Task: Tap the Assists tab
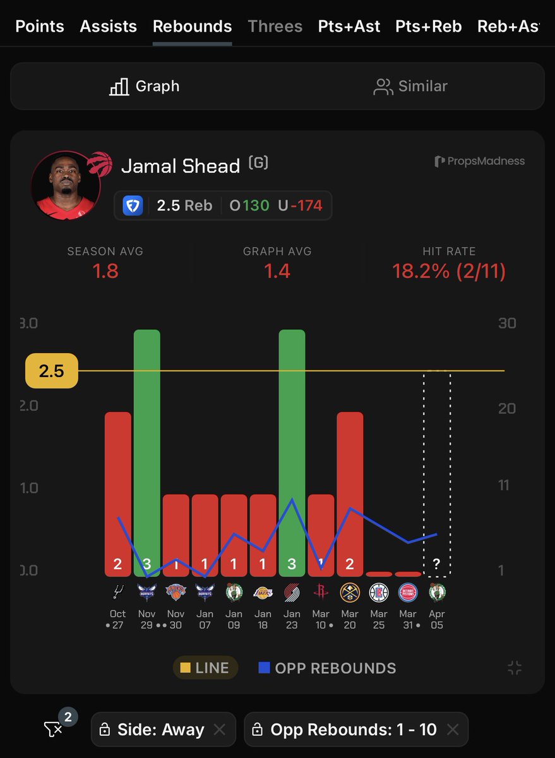tap(108, 27)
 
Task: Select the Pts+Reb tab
tap(428, 27)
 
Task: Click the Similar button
tap(410, 87)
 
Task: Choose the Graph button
tap(144, 87)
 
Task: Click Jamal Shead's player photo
tap(65, 184)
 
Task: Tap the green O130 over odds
tap(249, 206)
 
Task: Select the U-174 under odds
tap(300, 206)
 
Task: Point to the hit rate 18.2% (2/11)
tap(449, 271)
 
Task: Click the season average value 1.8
tap(105, 271)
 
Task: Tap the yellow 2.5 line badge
tap(51, 371)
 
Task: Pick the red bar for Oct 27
tap(118, 493)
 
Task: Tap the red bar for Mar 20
tap(350, 493)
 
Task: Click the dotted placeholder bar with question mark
tap(436, 474)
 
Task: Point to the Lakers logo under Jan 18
tap(263, 593)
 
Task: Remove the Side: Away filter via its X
tap(219, 730)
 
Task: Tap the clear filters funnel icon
tap(53, 730)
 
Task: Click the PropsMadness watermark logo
tap(480, 161)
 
